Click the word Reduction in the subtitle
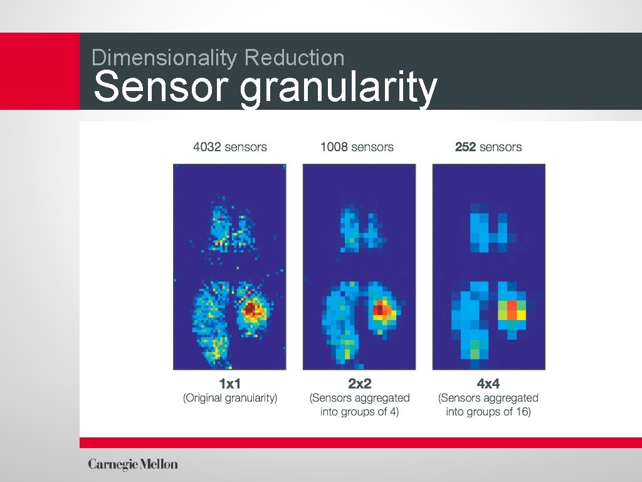click(294, 58)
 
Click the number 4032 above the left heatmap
click(207, 147)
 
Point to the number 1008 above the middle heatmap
click(334, 147)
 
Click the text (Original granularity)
click(229, 398)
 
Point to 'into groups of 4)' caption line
click(359, 412)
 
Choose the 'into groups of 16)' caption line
click(488, 412)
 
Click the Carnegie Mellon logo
click(133, 464)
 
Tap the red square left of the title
click(39, 71)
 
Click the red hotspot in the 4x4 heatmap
click(512, 309)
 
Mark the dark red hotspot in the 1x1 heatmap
click(251, 309)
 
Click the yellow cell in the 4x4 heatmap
click(522, 315)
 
